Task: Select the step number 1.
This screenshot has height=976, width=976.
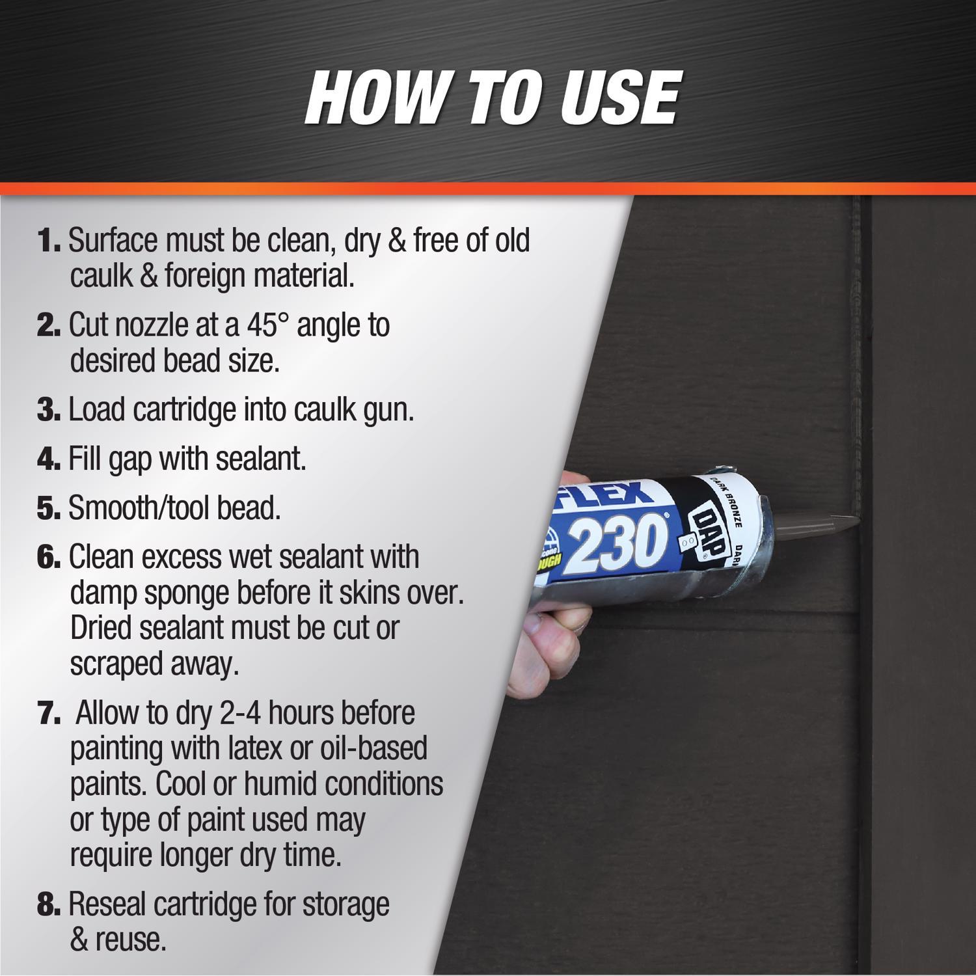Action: [49, 241]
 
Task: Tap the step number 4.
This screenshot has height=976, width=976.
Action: [49, 459]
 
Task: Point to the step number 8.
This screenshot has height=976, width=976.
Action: [49, 905]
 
